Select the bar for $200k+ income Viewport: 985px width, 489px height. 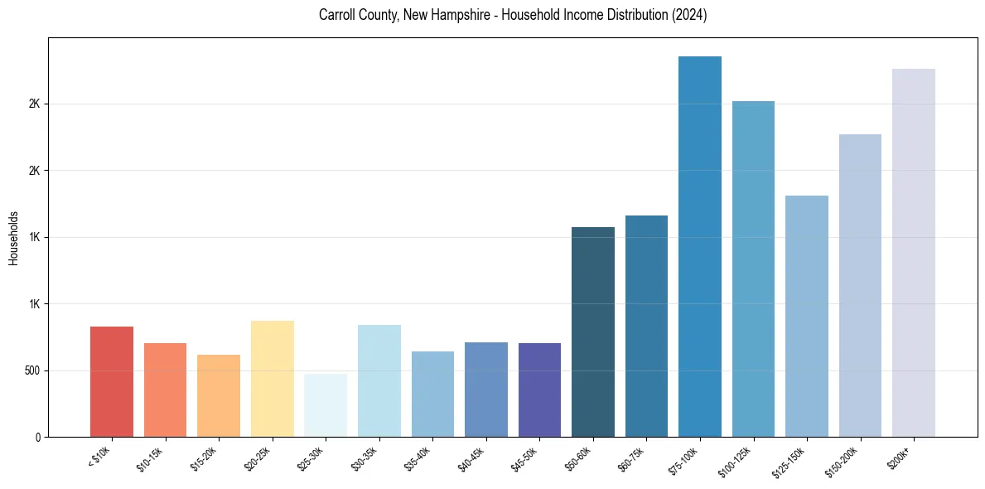pyautogui.click(x=914, y=253)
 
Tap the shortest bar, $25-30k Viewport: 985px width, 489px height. pyautogui.click(x=326, y=405)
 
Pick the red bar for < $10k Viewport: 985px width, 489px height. pyautogui.click(x=112, y=381)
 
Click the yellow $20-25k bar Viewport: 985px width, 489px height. pyautogui.click(x=273, y=379)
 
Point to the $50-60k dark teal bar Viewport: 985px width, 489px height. pyautogui.click(x=593, y=332)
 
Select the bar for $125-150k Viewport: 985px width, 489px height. pyautogui.click(x=807, y=316)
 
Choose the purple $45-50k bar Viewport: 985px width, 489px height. pyautogui.click(x=539, y=390)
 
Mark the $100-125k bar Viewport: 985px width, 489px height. pyautogui.click(x=753, y=269)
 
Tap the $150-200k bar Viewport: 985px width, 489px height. pyautogui.click(x=860, y=285)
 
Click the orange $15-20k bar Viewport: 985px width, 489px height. pyautogui.click(x=219, y=395)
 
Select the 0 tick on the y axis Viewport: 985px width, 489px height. pyautogui.click(x=37, y=437)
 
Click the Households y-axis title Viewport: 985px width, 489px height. pyautogui.click(x=14, y=238)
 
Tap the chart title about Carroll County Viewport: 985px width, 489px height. pyautogui.click(x=513, y=16)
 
